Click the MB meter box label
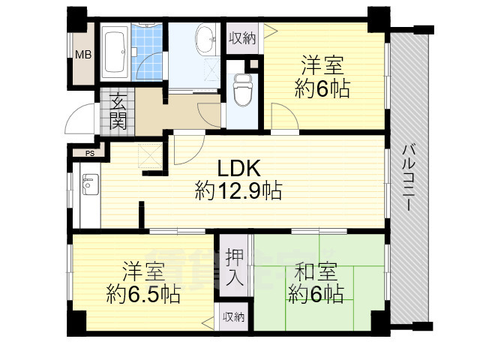[83, 55]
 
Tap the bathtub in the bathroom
[115, 52]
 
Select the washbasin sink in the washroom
[205, 40]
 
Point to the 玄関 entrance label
[118, 112]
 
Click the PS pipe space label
[90, 154]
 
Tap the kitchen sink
[91, 184]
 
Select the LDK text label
[238, 168]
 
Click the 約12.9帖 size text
[238, 191]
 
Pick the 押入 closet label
[235, 267]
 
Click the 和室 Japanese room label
[316, 271]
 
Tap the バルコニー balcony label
[409, 178]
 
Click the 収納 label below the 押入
[233, 317]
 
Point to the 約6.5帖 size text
[143, 294]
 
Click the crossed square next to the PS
[150, 156]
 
